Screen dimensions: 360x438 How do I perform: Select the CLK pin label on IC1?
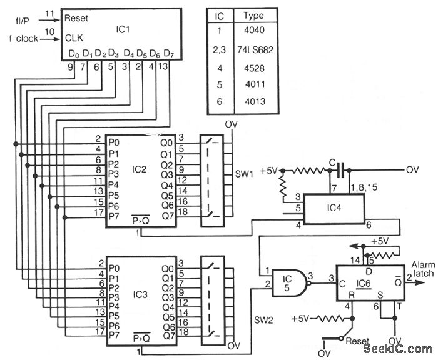tap(74, 38)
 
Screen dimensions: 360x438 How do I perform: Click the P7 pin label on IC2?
tap(113, 216)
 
